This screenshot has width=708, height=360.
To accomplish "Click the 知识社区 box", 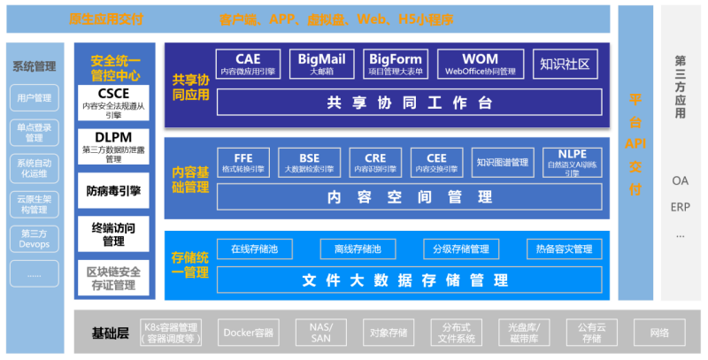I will pyautogui.click(x=564, y=64).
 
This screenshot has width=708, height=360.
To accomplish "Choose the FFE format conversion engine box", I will pyautogui.click(x=243, y=161).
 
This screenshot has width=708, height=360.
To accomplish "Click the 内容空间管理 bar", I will pyautogui.click(x=409, y=195).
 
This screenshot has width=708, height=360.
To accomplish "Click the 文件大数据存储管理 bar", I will pyautogui.click(x=409, y=280).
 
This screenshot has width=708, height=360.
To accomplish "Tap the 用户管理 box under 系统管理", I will pyautogui.click(x=35, y=97).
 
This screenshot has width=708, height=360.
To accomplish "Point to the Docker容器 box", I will pyautogui.click(x=249, y=333).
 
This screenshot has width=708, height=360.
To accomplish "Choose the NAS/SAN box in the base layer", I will pyautogui.click(x=320, y=333).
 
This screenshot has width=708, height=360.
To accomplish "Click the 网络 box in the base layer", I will pyautogui.click(x=658, y=333).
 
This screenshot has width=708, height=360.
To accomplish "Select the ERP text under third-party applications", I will pyautogui.click(x=680, y=207).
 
